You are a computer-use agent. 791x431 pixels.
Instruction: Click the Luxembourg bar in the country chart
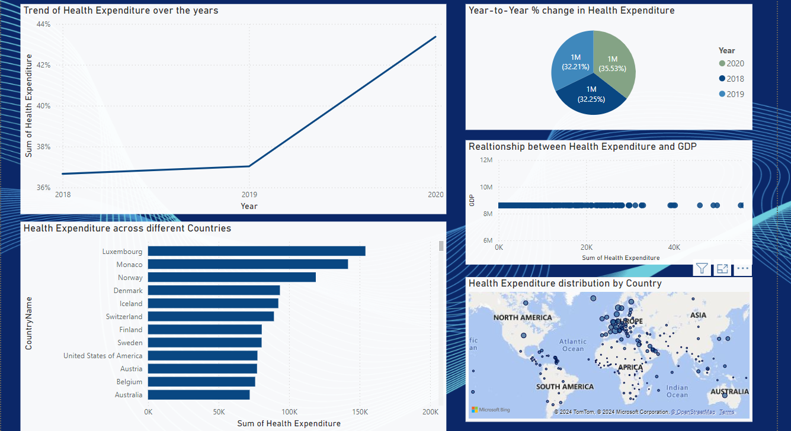256,251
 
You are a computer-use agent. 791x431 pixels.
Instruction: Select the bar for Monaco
248,264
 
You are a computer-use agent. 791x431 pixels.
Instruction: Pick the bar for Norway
232,277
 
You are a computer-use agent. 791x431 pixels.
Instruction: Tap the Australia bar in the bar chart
198,394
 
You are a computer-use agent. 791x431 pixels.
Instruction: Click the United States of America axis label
103,356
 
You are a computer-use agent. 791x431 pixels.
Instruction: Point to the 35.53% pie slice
614,63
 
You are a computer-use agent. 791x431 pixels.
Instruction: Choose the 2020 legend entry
732,63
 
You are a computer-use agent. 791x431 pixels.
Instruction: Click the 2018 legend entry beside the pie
732,79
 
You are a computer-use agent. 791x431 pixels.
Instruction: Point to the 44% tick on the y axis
43,24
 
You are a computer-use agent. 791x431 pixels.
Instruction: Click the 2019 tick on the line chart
249,194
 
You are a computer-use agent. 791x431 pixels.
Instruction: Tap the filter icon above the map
702,269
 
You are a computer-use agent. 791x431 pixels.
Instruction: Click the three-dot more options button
742,269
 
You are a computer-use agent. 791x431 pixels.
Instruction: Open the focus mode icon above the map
722,269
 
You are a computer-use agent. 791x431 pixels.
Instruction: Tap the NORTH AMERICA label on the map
522,317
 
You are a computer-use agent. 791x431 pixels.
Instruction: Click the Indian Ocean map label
677,391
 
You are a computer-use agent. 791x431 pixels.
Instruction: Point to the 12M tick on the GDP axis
486,160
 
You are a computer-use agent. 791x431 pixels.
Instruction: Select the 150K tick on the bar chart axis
360,412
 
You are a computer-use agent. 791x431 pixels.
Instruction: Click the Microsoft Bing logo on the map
491,410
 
